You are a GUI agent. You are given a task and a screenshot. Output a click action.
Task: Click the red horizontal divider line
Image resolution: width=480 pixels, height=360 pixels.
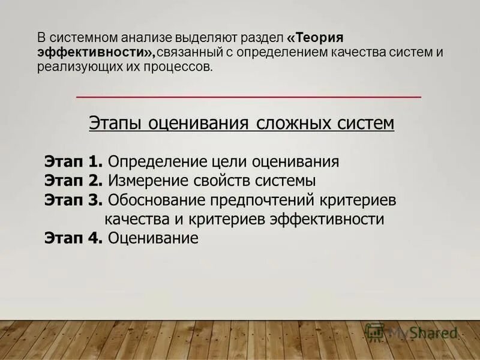tap(249, 97)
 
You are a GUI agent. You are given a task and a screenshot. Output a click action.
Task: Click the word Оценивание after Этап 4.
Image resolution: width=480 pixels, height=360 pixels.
tap(153, 238)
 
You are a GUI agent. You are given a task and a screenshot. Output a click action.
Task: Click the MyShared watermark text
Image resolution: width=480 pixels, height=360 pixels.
tap(422, 332)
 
